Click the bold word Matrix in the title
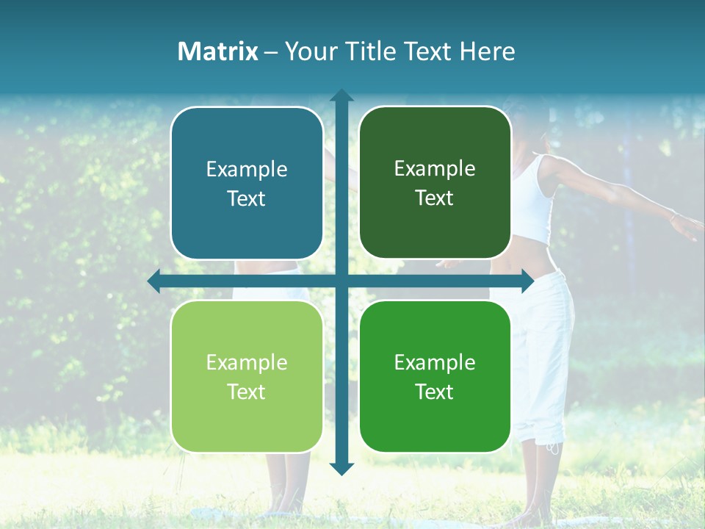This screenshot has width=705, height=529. (x=218, y=51)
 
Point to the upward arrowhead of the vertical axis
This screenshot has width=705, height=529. (x=341, y=96)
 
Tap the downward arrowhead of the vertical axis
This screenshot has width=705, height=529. (x=341, y=468)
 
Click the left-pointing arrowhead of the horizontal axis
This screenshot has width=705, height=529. (x=154, y=281)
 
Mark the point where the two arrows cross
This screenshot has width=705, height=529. (x=341, y=281)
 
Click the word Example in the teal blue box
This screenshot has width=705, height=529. (x=247, y=170)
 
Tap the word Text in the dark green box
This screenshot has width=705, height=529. (x=435, y=198)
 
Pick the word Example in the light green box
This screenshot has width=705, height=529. (x=247, y=362)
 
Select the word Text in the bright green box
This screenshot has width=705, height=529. (x=435, y=392)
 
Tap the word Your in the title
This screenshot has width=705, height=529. (x=303, y=51)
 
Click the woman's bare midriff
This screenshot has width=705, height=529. (x=527, y=257)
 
